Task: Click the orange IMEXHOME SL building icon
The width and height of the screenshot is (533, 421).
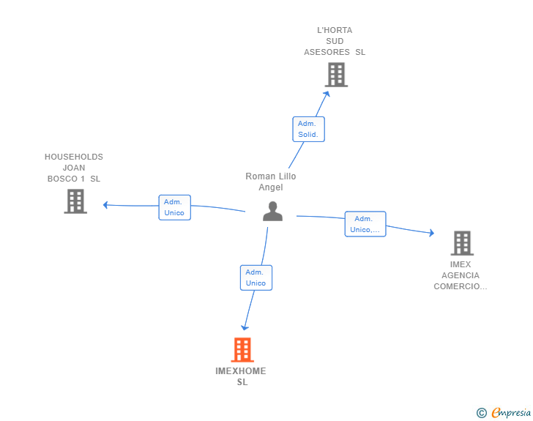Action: [242, 350]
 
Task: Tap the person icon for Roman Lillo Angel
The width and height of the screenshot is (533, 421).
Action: [272, 211]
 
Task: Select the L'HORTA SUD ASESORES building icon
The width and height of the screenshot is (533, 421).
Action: [336, 75]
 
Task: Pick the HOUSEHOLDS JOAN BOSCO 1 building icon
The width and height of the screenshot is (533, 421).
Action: [75, 201]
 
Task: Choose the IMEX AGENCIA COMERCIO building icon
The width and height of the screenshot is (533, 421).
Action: [461, 243]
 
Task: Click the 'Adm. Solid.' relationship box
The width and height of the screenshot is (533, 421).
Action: [308, 130]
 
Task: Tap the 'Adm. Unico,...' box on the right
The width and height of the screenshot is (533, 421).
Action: [365, 224]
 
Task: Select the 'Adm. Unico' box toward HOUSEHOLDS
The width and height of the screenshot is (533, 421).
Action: [174, 207]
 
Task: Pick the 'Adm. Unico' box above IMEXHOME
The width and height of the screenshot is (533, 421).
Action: [256, 277]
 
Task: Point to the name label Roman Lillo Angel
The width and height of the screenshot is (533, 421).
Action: [271, 182]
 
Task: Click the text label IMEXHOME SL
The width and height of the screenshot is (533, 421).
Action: [241, 376]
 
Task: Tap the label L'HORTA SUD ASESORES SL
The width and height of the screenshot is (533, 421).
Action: [335, 41]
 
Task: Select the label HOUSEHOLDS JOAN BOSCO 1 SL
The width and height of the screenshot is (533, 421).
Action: [74, 168]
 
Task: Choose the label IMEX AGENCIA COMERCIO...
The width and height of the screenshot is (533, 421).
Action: [461, 275]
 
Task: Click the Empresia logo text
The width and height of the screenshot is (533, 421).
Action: [511, 413]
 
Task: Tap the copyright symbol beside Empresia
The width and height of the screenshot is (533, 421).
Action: [481, 413]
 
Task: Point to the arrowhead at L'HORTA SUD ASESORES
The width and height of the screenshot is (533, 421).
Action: [327, 92]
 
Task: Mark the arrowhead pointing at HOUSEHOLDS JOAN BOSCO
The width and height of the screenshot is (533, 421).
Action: [105, 205]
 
